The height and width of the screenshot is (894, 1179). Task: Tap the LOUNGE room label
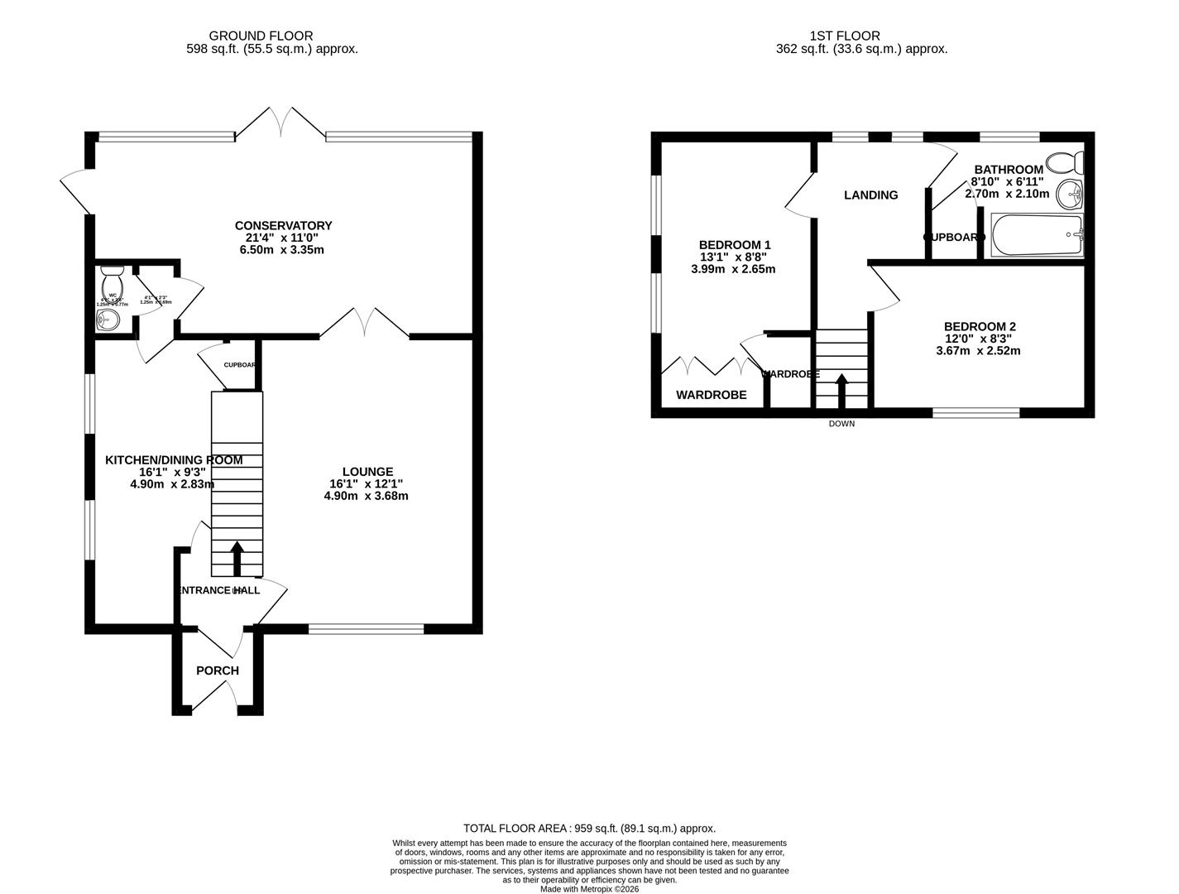tap(367, 472)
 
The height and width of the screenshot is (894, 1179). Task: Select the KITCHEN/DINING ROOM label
tap(174, 460)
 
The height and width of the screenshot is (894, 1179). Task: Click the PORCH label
tap(218, 670)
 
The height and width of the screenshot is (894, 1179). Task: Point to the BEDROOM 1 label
tap(735, 245)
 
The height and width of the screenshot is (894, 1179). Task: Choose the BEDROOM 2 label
tap(980, 327)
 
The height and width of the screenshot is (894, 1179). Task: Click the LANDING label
tap(870, 195)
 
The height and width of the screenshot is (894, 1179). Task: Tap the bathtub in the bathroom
tap(1037, 235)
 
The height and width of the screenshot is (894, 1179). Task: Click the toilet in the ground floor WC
tap(112, 281)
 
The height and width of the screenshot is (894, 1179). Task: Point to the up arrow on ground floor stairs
tap(237, 558)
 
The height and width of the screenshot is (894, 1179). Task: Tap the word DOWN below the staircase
tap(841, 424)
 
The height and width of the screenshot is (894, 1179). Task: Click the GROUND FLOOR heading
tap(261, 36)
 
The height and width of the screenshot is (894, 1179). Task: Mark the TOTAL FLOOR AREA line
tap(589, 828)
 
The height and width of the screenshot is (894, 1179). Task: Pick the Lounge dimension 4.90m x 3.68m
tap(367, 496)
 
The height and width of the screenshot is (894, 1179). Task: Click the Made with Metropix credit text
tap(589, 889)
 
